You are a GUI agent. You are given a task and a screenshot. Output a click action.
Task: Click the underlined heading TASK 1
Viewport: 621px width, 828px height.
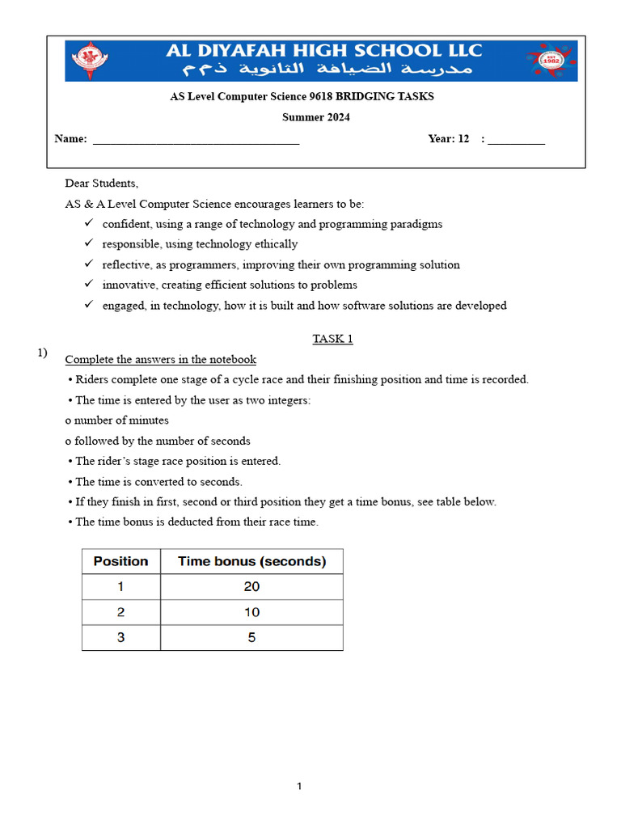(x=332, y=339)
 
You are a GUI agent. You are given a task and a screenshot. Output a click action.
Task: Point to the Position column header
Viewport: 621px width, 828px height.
(x=121, y=561)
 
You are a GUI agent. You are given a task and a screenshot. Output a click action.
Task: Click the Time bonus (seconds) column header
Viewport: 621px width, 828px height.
(x=251, y=561)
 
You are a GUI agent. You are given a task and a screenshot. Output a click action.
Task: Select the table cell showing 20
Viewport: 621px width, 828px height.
(x=251, y=587)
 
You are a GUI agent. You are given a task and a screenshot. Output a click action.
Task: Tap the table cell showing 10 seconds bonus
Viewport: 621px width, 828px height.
(x=251, y=612)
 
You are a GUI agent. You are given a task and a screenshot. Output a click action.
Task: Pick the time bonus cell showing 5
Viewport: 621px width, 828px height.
(x=251, y=637)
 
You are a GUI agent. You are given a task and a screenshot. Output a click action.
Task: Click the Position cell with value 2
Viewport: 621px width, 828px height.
(x=121, y=612)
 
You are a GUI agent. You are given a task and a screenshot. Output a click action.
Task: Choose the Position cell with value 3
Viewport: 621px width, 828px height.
(x=121, y=637)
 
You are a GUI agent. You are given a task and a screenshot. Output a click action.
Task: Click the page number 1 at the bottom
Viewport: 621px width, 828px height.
(x=299, y=786)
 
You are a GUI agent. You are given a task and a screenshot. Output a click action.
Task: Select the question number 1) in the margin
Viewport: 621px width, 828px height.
(x=42, y=353)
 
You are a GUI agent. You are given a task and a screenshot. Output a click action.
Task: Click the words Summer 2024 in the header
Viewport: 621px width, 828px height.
(x=315, y=117)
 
